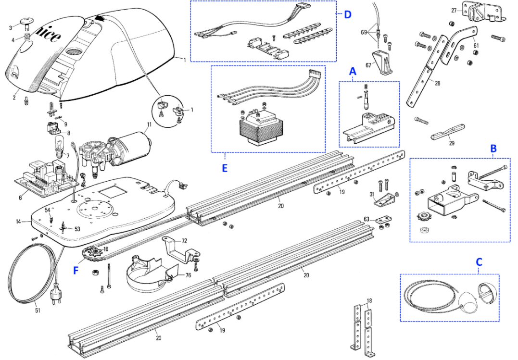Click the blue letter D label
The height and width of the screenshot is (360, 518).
point(348,14)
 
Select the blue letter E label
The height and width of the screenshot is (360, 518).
point(225,168)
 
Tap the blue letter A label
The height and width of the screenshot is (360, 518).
point(353,71)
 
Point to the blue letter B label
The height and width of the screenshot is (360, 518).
point(493,149)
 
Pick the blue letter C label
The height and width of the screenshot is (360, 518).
point(479,262)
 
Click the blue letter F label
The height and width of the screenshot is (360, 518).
point(76,271)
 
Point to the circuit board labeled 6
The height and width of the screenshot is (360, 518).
point(47,179)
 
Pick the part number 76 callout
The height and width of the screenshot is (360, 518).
point(188,275)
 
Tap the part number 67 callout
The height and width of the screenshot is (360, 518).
point(368,65)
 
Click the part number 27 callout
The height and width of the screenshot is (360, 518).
point(455,11)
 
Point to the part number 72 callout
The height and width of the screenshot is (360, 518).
point(184,241)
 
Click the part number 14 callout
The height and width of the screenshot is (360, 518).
point(19,221)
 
